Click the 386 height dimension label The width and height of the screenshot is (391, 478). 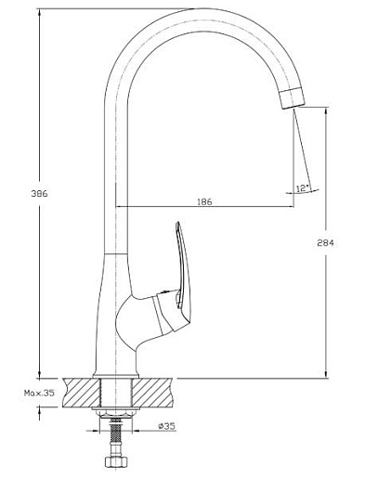coord(39,194)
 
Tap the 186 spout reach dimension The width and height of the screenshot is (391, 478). coord(204,201)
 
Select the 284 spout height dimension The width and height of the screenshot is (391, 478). coord(325,243)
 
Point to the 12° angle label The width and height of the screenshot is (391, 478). coord(303,188)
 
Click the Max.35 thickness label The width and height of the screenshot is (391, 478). coord(39,393)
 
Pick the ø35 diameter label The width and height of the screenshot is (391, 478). coord(166,426)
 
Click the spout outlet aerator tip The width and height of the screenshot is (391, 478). coord(292,97)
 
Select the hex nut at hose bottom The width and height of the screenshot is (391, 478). coord(116,461)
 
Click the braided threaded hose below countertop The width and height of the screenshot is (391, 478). coord(116,433)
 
